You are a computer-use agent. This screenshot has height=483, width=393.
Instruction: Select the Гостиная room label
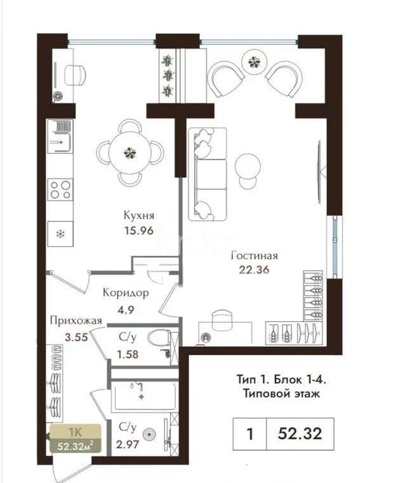[x=255, y=256]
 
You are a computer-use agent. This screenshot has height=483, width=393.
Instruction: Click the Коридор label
[x=126, y=293]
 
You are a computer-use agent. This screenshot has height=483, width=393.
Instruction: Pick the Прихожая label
[x=76, y=321]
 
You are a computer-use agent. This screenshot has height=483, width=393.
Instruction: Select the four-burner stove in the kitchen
[x=61, y=189]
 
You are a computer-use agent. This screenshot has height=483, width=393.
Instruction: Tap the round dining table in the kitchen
[x=130, y=152]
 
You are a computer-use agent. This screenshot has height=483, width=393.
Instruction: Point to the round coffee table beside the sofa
[x=247, y=166]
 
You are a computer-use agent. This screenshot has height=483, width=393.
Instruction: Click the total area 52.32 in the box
[x=300, y=434]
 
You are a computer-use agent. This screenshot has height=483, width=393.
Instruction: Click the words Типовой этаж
[x=280, y=394]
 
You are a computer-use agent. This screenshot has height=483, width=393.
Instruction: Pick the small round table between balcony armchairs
[x=254, y=62]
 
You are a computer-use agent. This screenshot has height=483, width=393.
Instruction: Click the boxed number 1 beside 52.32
[x=250, y=434]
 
